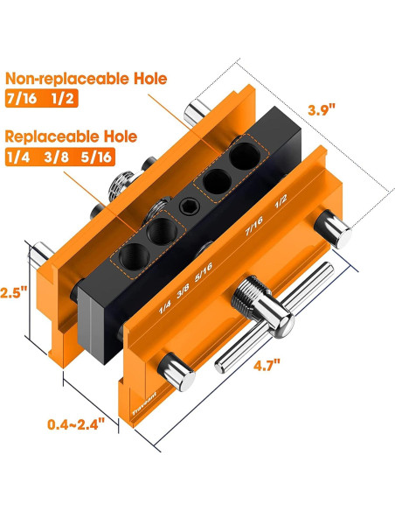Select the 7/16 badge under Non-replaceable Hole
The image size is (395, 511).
(x=22, y=99)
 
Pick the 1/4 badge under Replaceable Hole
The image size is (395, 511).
(x=19, y=157)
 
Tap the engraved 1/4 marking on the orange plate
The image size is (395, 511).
(x=163, y=307)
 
